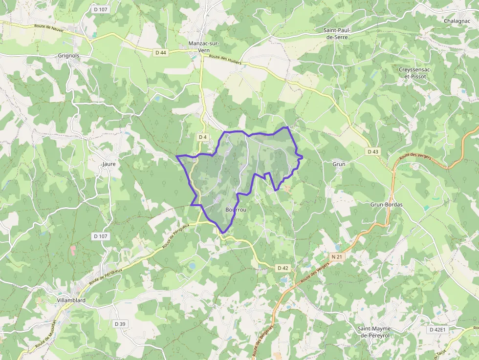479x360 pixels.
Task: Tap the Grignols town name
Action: pos(68,56)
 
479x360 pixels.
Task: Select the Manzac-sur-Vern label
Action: pos(204,46)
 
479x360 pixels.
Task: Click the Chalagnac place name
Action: pos(458,21)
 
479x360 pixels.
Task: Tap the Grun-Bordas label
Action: pos(386,205)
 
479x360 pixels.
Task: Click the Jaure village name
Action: pos(109,164)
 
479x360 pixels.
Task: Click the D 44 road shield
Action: pos(161,52)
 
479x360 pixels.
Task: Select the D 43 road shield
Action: pos(373,152)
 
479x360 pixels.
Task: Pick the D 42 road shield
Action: pos(283,268)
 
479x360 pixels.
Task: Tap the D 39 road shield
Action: pos(120,324)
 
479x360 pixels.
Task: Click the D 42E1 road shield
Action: pos(438,330)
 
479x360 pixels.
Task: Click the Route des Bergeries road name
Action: pos(261,342)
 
